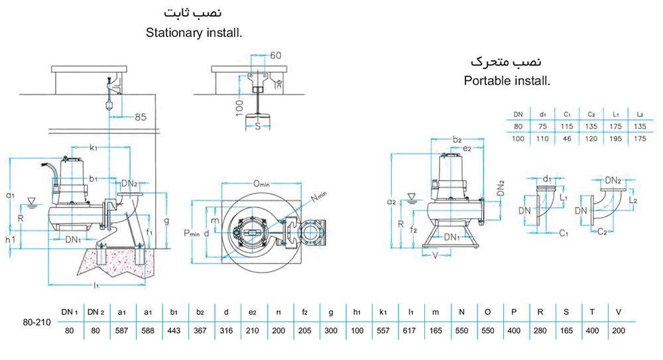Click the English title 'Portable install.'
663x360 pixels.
click(507, 82)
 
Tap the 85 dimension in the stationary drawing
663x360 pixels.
click(140, 117)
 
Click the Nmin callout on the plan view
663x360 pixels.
click(320, 198)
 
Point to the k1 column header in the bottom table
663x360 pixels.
click(384, 312)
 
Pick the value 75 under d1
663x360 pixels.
click(542, 125)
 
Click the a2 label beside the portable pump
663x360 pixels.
click(392, 200)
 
